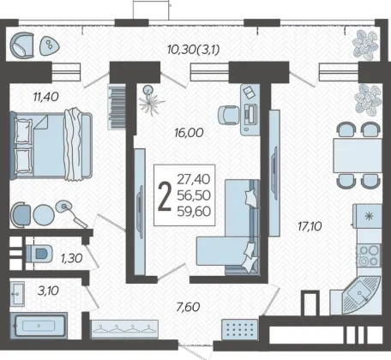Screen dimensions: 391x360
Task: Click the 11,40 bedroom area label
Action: pyautogui.click(x=46, y=97)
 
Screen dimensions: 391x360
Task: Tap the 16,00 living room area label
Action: pyautogui.click(x=189, y=133)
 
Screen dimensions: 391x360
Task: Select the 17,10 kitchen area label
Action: pyautogui.click(x=310, y=226)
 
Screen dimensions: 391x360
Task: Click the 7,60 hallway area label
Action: pyautogui.click(x=188, y=307)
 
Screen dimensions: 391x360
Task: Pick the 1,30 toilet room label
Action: pyautogui.click(x=71, y=258)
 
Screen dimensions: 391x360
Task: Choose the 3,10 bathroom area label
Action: pyautogui.click(x=48, y=291)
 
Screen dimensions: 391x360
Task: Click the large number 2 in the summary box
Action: pyautogui.click(x=165, y=196)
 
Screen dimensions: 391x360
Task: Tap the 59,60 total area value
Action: pyautogui.click(x=194, y=212)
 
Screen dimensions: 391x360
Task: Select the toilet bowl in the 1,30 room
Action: pyautogui.click(x=39, y=254)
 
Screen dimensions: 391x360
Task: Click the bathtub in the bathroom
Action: pyautogui.click(x=39, y=326)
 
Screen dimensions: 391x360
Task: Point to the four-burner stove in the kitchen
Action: pyautogui.click(x=369, y=255)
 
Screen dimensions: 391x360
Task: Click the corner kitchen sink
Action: pyautogui.click(x=361, y=295)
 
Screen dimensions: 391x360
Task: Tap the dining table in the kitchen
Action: pyautogui.click(x=358, y=155)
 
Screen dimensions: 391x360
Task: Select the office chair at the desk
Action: pyautogui.click(x=228, y=115)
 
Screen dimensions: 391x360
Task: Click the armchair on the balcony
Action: pyautogui.click(x=22, y=45)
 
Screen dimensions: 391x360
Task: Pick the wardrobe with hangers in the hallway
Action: pyautogui.click(x=124, y=329)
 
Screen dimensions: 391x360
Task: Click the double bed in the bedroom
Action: pyautogui.click(x=51, y=146)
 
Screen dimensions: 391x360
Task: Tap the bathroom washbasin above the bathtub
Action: pyautogui.click(x=17, y=293)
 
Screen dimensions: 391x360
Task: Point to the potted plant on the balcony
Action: pyautogui.click(x=365, y=45)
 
